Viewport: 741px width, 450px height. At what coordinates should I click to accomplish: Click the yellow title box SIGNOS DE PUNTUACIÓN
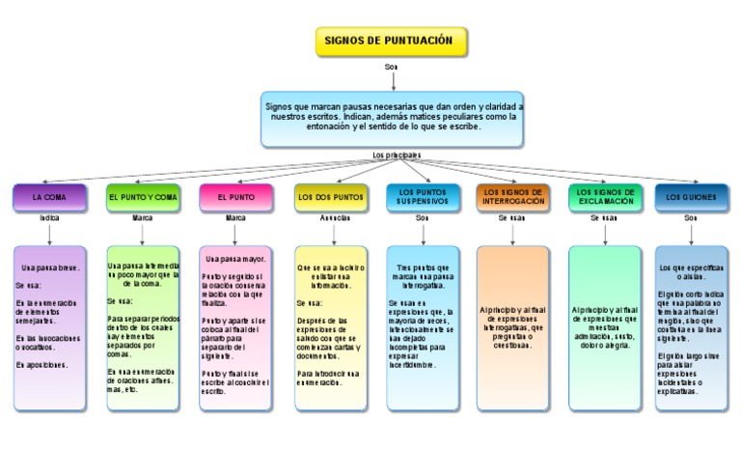coord(392,42)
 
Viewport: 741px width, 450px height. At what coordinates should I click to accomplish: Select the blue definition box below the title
coord(392,119)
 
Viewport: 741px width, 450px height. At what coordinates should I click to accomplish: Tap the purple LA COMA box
coord(49,197)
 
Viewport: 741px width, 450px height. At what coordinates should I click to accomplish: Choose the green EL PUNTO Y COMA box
coord(143,197)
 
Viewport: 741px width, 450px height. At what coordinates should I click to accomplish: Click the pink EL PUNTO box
coord(236,197)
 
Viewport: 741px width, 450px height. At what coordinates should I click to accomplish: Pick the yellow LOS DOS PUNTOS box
coord(330,197)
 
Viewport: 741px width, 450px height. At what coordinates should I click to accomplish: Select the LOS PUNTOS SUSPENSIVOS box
coord(423,197)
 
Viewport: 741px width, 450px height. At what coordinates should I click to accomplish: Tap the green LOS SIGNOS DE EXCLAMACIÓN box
coord(605,197)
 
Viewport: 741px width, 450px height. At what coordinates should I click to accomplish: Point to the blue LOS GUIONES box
coord(691,197)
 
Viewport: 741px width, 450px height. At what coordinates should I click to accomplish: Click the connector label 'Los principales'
coord(397,155)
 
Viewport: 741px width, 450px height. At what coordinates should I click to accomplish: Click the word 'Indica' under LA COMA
coord(49,218)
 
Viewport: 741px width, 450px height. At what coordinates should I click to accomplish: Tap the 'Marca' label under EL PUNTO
coord(236,218)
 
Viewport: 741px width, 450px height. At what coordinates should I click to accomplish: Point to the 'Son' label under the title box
coord(391,67)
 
